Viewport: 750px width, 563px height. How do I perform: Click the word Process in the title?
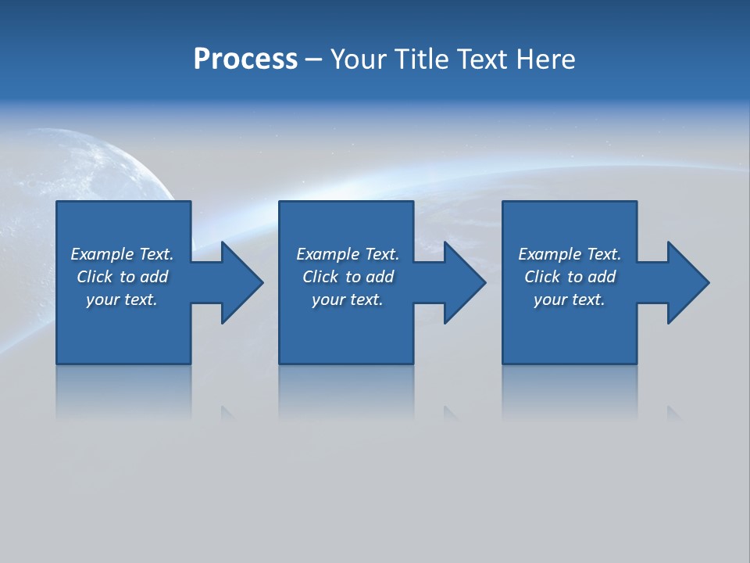[245, 59]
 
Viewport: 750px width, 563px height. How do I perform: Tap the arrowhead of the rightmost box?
[687, 282]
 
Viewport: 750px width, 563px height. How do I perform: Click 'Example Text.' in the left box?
[122, 254]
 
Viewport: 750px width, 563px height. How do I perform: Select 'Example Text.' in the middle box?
[348, 254]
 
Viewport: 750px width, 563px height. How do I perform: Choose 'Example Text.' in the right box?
[570, 254]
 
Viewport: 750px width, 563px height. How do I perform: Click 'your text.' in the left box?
[122, 299]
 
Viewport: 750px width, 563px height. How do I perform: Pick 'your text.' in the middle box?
[348, 299]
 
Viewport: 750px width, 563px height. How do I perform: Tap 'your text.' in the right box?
[570, 299]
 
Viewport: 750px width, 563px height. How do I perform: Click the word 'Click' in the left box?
[95, 277]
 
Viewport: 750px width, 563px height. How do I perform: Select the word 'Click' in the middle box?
[320, 277]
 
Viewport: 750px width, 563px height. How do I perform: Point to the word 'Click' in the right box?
[542, 277]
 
